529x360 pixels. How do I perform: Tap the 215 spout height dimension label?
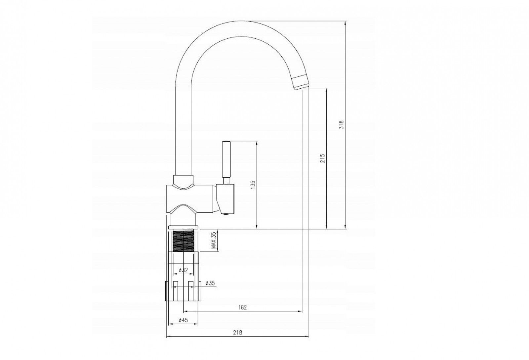point(323,158)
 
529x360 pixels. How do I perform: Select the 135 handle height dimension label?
point(253,185)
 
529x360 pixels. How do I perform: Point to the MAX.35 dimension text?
point(214,241)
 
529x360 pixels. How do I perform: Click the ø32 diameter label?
point(183,270)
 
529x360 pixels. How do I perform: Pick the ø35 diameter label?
point(210,283)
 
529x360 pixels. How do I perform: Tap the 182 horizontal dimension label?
point(243,307)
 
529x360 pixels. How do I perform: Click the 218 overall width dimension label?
point(238,333)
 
